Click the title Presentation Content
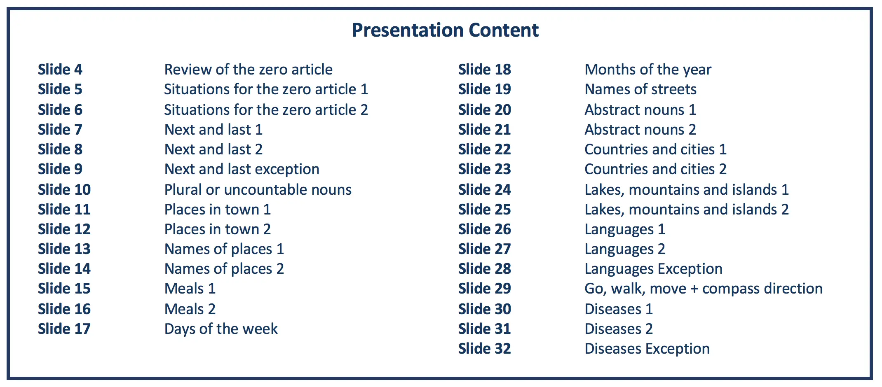(445, 30)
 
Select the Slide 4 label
(60, 69)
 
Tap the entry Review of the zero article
(249, 69)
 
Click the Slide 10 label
(64, 189)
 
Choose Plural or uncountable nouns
(258, 189)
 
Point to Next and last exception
(242, 169)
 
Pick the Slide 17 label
(64, 329)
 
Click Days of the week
(221, 329)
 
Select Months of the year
(648, 70)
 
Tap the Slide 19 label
(485, 89)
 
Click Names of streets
(640, 89)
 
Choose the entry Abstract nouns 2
(640, 129)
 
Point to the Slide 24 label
(485, 189)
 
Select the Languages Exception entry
(654, 269)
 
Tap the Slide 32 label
(485, 348)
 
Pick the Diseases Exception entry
(647, 349)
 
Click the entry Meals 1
(190, 288)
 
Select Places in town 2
(218, 229)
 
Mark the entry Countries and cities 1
(656, 149)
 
